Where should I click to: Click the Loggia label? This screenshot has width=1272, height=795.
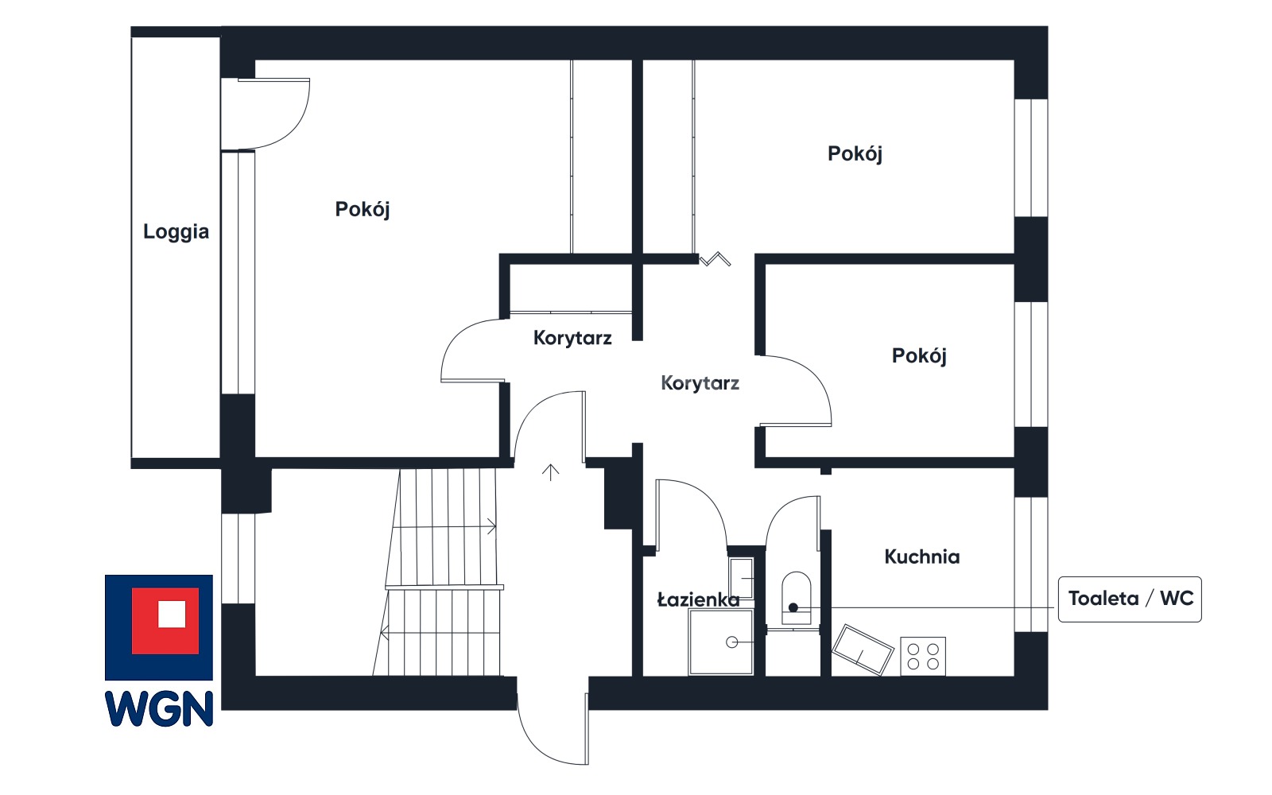tap(176, 232)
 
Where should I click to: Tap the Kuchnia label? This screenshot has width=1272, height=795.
tap(922, 557)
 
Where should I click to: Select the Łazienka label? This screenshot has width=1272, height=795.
tap(699, 599)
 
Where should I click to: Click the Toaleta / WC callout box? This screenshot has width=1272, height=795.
tap(1130, 599)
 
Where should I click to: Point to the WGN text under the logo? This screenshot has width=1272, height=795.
tap(159, 708)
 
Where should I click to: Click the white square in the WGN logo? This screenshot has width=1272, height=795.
tap(172, 614)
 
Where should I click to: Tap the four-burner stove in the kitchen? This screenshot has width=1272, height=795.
tap(923, 657)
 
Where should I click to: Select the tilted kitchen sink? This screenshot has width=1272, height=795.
tap(862, 650)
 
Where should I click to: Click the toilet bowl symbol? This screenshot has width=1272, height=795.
tap(796, 598)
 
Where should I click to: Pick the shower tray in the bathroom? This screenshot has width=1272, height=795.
tap(720, 642)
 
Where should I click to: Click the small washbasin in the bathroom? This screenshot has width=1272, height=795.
tap(741, 578)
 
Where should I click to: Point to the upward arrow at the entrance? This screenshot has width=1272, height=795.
tap(550, 472)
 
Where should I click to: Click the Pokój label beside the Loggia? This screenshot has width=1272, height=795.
tap(363, 210)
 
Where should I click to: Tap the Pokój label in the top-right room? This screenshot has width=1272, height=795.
tap(855, 154)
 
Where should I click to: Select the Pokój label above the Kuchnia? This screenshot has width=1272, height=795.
tap(919, 356)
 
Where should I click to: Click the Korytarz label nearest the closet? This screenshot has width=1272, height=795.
tap(572, 339)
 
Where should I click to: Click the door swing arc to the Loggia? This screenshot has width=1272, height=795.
tap(297, 126)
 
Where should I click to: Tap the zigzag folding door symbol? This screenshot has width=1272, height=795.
tap(715, 259)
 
